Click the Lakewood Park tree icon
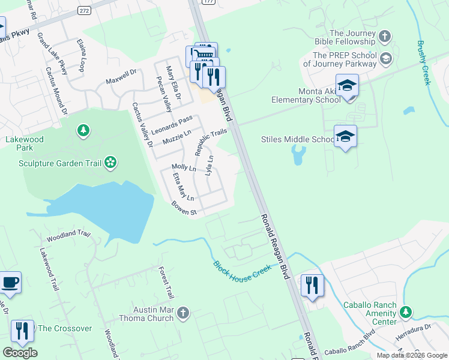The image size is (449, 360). point(83,130)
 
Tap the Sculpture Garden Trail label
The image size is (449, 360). point(59,163)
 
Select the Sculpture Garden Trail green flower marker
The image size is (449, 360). point(110,162)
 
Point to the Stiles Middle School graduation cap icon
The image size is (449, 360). point(345,137)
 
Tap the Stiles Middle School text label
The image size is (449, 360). point(297,139)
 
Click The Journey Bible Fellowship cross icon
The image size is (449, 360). point(385,37)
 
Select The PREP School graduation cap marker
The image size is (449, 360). point(385,58)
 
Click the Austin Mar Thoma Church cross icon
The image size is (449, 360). point(183,313)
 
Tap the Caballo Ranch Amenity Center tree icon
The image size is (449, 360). point(406,312)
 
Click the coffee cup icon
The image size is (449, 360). point(10,282)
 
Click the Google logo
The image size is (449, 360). point(20,353)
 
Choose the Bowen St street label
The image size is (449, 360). point(184,209)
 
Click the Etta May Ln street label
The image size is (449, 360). point(183,187)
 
